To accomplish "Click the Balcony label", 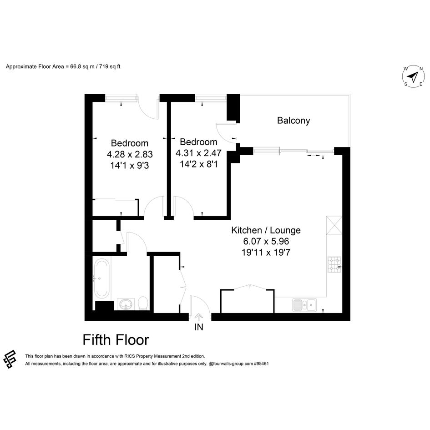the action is click(293, 121).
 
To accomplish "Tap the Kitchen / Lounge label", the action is click(266, 230).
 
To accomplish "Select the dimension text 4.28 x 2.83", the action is click(130, 154).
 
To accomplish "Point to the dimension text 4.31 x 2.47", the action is click(198, 153).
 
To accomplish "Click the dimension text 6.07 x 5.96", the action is click(266, 241).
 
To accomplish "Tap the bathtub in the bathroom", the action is click(101, 278).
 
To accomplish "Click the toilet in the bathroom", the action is click(143, 304).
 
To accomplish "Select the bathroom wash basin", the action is click(126, 304).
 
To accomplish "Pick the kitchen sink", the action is click(304, 305).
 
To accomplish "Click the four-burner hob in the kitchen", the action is click(334, 265).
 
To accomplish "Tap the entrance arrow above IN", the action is click(198, 318).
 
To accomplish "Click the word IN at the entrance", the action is click(199, 327).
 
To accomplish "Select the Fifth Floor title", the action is click(116, 340).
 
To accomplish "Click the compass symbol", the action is click(413, 76).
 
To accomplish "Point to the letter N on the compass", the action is click(421, 69).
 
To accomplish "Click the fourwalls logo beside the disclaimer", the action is click(10, 359).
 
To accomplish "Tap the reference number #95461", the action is click(261, 364).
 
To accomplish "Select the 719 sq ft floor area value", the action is click(110, 66).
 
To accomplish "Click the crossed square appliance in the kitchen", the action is click(334, 225).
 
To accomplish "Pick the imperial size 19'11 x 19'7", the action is click(266, 252).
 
